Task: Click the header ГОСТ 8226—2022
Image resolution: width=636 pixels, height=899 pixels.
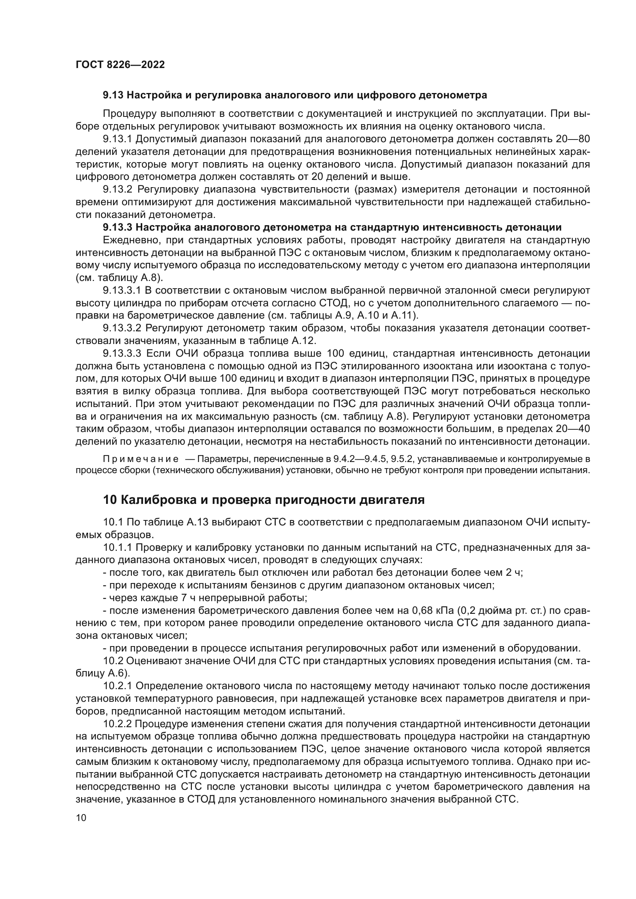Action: coord(120,65)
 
